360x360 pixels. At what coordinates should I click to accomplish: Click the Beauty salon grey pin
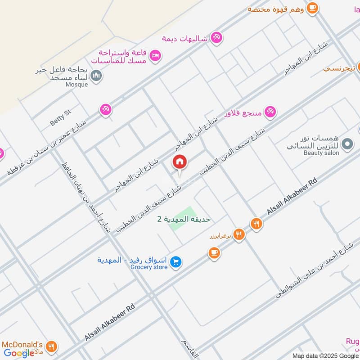click(x=347, y=144)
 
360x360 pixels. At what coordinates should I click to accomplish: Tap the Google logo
click(x=19, y=353)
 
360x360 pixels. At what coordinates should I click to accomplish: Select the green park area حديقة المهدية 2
click(x=183, y=219)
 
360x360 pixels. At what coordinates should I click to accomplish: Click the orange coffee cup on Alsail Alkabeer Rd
click(x=214, y=253)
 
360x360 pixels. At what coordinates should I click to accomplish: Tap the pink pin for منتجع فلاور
click(x=270, y=112)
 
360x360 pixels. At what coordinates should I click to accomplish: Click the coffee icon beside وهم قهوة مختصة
click(x=312, y=8)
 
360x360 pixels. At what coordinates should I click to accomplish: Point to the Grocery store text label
click(x=149, y=267)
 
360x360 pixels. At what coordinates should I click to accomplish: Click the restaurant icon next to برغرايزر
click(x=239, y=234)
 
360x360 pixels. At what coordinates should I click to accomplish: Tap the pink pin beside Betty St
click(x=106, y=109)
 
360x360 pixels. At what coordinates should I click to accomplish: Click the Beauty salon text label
click(x=321, y=153)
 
